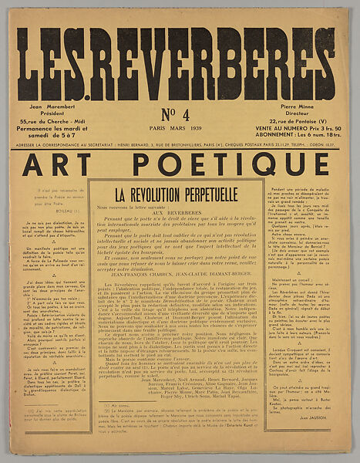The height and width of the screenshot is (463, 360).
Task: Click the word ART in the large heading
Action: pos(66,164)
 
